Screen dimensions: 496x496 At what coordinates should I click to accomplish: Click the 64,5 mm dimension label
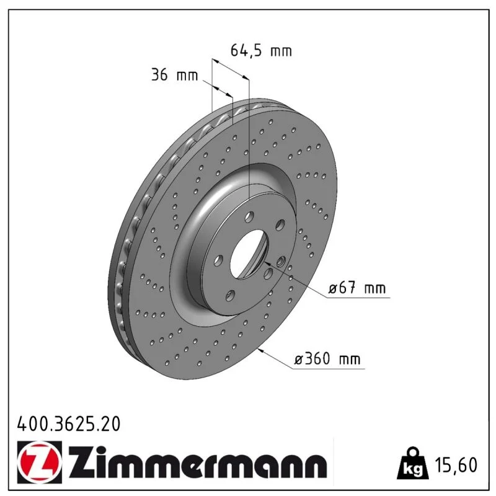261,51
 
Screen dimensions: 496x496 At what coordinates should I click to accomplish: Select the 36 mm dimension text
175,75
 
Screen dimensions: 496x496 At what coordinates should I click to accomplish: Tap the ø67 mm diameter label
357,288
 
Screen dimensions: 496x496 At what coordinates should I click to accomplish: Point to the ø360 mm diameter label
327,359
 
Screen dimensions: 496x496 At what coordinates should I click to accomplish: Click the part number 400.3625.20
69,424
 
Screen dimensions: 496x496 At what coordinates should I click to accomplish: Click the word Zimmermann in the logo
197,462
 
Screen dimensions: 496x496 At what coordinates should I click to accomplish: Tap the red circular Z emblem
39,462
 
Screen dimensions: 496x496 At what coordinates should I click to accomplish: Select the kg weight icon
413,464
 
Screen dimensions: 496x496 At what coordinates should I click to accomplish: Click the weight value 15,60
456,465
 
